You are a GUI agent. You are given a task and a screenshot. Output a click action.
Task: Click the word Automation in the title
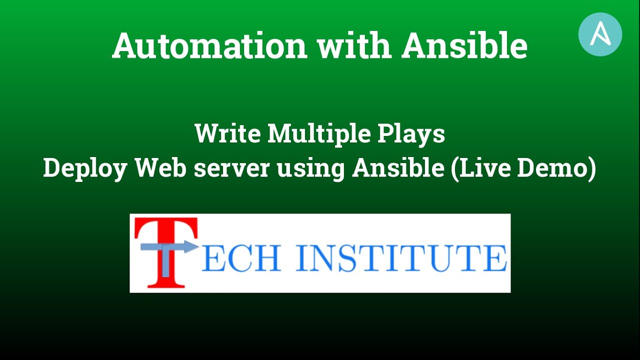click(x=209, y=46)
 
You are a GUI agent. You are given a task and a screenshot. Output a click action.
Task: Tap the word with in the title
click(x=354, y=46)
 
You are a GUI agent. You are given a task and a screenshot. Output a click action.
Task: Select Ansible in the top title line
click(x=464, y=46)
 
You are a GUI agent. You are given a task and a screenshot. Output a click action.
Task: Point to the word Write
click(x=227, y=134)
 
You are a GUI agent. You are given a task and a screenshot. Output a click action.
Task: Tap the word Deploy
click(x=85, y=168)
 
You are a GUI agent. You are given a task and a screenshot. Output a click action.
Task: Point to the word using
click(x=310, y=168)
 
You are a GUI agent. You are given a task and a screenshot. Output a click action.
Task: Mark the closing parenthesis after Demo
click(x=591, y=169)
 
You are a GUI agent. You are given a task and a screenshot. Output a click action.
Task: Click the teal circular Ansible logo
click(x=600, y=34)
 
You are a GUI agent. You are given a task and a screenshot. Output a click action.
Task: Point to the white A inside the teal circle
click(x=600, y=34)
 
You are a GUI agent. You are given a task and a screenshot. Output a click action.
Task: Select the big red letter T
click(x=165, y=230)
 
